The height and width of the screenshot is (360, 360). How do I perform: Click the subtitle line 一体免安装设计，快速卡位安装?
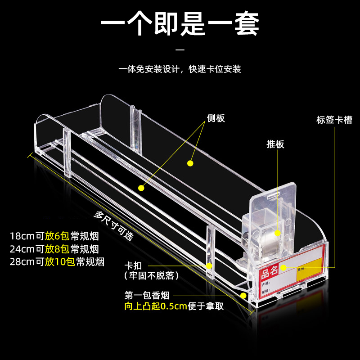(x=180, y=69)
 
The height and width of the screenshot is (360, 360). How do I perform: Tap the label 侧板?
(x=216, y=118)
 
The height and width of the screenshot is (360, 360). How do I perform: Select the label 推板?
(x=275, y=144)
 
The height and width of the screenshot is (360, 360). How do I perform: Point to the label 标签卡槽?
(x=334, y=120)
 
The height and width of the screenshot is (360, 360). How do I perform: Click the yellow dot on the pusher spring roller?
(x=278, y=233)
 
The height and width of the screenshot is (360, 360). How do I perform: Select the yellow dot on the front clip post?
(x=209, y=265)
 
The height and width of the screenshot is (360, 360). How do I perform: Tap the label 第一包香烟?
(x=147, y=296)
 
